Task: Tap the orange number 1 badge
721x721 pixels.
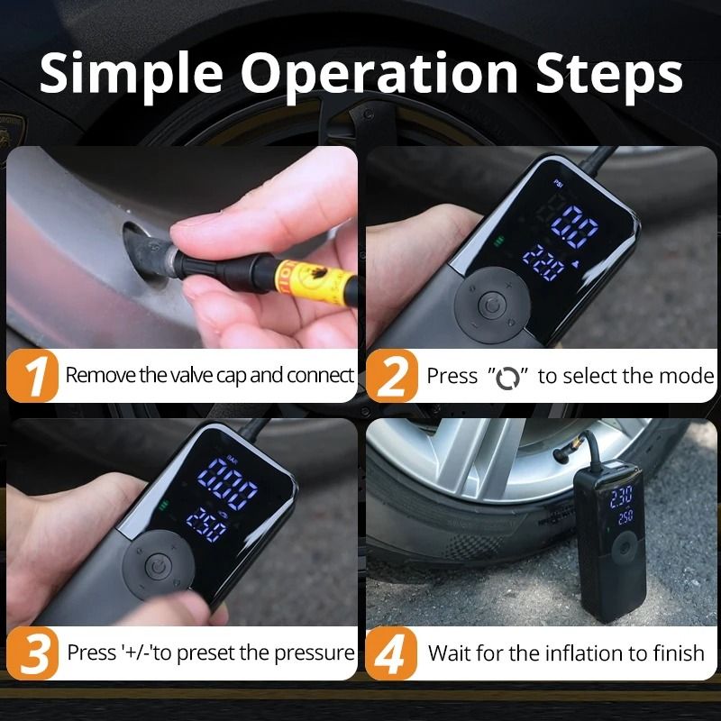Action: click(34, 377)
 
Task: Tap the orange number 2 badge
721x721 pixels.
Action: click(392, 377)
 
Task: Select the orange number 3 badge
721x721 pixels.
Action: click(34, 653)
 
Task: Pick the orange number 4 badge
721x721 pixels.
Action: click(392, 653)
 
